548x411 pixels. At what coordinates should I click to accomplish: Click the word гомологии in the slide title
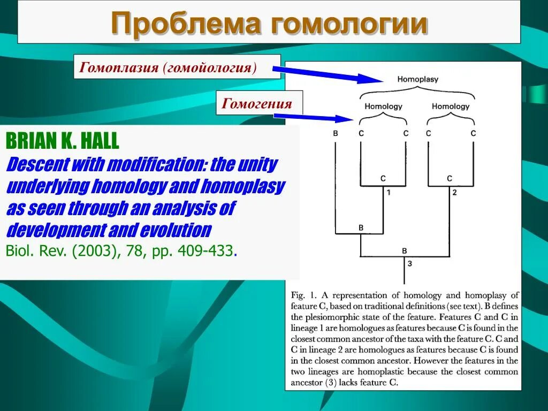pyautogui.click(x=349, y=24)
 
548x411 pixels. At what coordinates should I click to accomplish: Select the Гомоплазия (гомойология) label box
pyautogui.click(x=177, y=67)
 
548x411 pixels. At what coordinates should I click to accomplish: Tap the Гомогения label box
pyautogui.click(x=260, y=103)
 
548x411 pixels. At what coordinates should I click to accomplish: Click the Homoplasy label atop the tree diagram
pyautogui.click(x=417, y=79)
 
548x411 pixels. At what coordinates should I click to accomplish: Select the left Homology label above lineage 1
pyautogui.click(x=383, y=106)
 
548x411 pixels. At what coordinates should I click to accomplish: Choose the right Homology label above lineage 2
pyautogui.click(x=451, y=106)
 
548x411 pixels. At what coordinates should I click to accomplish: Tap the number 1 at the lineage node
pyautogui.click(x=389, y=192)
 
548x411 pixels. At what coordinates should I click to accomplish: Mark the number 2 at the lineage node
pyautogui.click(x=454, y=192)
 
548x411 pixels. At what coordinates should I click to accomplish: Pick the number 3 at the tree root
pyautogui.click(x=409, y=263)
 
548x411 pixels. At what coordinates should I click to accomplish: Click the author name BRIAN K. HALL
pyautogui.click(x=63, y=142)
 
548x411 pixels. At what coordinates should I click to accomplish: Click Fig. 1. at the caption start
pyautogui.click(x=303, y=295)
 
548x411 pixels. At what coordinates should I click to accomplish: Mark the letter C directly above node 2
pyautogui.click(x=450, y=178)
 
